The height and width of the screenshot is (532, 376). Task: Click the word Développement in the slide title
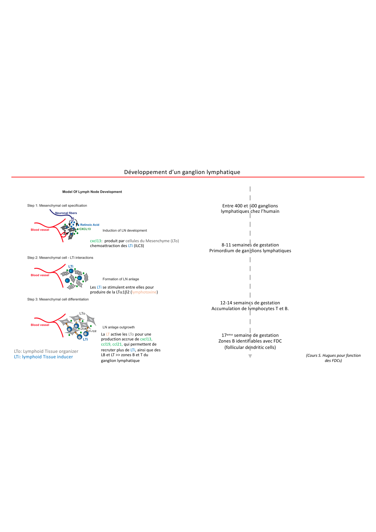point(142,172)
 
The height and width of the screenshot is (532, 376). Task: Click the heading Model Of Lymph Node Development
point(92,192)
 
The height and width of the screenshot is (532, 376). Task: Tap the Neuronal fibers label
point(66,213)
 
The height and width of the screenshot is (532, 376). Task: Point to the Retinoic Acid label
point(90,225)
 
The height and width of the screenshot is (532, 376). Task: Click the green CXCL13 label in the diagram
point(85,229)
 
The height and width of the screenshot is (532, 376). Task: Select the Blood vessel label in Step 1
point(40,230)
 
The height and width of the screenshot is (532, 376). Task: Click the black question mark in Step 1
point(64,233)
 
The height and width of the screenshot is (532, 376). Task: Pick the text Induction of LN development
point(125,231)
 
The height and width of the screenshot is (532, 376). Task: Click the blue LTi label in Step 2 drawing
point(71,266)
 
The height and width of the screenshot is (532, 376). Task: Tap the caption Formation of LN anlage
point(121,279)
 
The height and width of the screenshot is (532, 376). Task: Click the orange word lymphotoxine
point(144,292)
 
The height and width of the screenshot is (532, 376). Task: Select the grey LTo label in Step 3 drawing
point(82,313)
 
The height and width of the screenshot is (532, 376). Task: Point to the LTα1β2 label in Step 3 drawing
point(92,331)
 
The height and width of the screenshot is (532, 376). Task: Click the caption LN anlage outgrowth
point(119,327)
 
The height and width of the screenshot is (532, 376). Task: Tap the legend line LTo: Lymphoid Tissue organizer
point(46,351)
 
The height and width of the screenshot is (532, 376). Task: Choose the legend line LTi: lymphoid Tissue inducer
point(43,357)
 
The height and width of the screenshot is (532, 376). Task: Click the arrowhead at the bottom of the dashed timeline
point(250,356)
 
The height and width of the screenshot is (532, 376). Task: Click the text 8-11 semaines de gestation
point(250,245)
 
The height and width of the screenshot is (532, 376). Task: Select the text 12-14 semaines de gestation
point(250,303)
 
